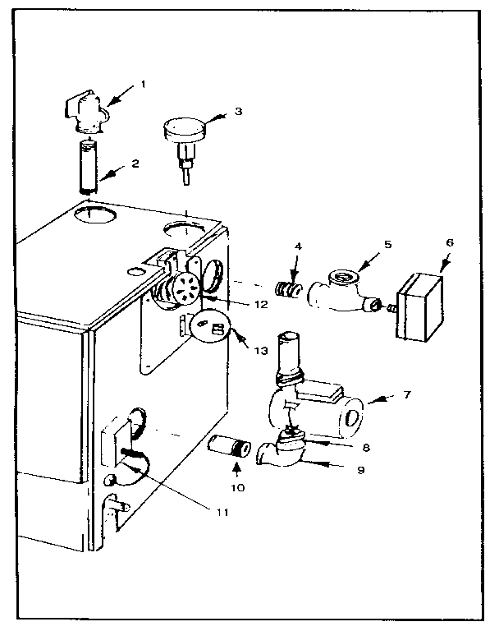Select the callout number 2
(135, 163)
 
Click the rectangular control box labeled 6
(419, 305)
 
